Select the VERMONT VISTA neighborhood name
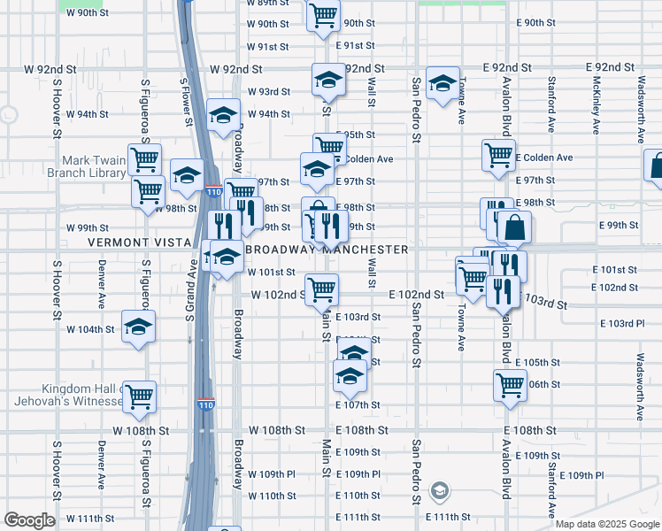pos(141,242)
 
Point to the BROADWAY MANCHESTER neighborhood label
pos(327,250)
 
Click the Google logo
pos(29,520)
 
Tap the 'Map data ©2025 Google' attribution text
pos(607,524)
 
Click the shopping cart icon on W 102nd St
pos(322,289)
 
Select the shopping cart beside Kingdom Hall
pos(140,396)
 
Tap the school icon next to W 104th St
pos(138,326)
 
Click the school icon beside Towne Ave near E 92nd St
pos(442,83)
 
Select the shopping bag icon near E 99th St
pos(514,227)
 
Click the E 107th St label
pos(358,404)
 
